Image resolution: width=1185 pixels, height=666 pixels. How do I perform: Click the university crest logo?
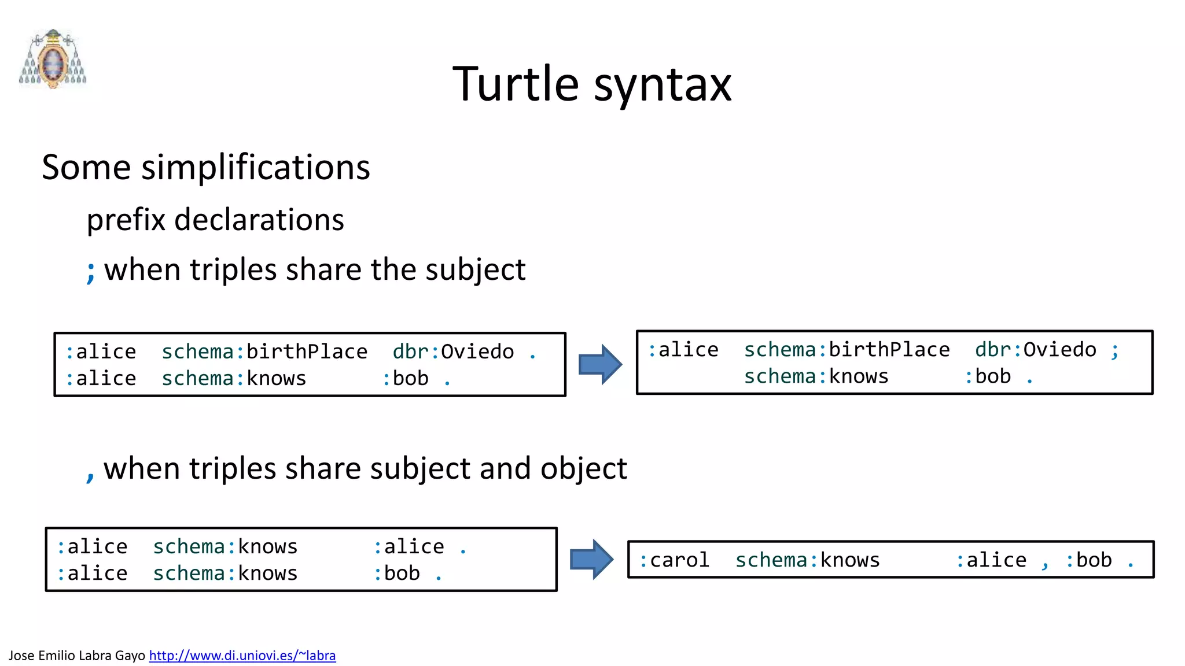(x=53, y=59)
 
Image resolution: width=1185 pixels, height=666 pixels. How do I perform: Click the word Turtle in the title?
(x=515, y=84)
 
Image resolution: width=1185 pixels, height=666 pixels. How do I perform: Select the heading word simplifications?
(x=255, y=168)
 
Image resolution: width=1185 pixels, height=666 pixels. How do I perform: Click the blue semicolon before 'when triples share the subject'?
(x=90, y=271)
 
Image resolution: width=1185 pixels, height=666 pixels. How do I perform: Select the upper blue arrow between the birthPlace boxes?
(x=600, y=364)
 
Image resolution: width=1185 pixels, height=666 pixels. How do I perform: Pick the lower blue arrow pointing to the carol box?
(x=591, y=559)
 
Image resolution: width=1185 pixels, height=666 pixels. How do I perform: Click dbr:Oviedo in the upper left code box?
(x=453, y=351)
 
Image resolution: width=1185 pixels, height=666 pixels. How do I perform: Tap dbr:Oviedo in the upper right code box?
(x=1035, y=350)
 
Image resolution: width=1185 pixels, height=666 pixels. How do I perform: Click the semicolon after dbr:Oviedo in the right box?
(x=1114, y=351)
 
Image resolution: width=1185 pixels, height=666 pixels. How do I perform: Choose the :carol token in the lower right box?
(x=674, y=560)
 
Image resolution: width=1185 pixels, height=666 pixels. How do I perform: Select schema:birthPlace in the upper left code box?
(x=264, y=351)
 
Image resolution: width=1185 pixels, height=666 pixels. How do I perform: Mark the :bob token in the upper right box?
(x=987, y=376)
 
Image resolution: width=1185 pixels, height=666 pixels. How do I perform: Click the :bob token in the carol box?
(x=1088, y=560)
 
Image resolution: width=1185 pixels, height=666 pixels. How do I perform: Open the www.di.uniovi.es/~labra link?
(x=242, y=656)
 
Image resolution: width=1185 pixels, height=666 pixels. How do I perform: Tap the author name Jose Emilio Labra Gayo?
(x=77, y=656)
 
